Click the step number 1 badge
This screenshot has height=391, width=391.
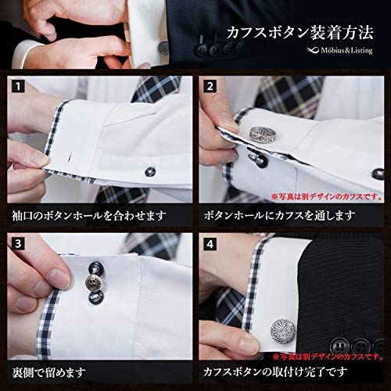coord(18,86)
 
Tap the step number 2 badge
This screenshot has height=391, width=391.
coord(210,86)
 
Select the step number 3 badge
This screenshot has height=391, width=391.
coord(18,244)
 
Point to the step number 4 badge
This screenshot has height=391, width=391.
coord(210,244)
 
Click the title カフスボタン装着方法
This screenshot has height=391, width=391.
coord(300,33)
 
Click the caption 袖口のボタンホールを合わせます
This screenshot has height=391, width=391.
coord(89,216)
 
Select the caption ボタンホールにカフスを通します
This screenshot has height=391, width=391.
coord(279,216)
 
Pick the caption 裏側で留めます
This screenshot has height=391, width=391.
coord(49,372)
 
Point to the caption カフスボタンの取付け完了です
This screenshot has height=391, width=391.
coord(275,372)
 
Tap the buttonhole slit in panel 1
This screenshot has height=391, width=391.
coord(70,157)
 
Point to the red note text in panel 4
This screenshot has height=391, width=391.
coord(328,356)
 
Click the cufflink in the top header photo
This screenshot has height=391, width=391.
coord(163,48)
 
